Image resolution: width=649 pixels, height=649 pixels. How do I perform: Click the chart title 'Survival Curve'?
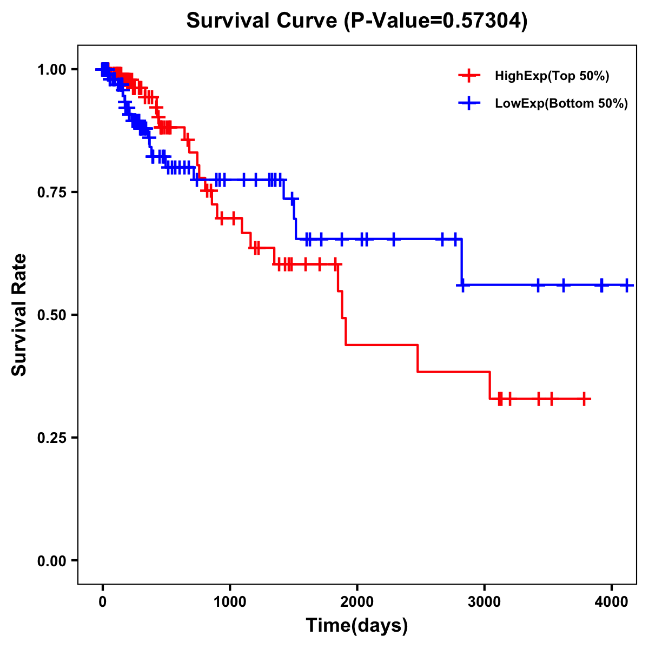pos(263,21)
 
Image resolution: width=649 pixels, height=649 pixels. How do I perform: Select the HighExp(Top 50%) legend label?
pos(552,76)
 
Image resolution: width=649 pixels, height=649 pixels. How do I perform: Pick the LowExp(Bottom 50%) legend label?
pos(561,104)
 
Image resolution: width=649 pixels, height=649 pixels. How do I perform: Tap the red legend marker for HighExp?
pos(469,76)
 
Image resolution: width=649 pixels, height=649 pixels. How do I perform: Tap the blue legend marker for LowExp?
pos(469,103)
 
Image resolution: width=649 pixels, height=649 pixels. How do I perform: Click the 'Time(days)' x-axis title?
pos(357,626)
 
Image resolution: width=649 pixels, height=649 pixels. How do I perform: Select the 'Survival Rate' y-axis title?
pos(19,315)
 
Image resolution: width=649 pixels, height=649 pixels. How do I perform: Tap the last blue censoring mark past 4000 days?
pos(627,285)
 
